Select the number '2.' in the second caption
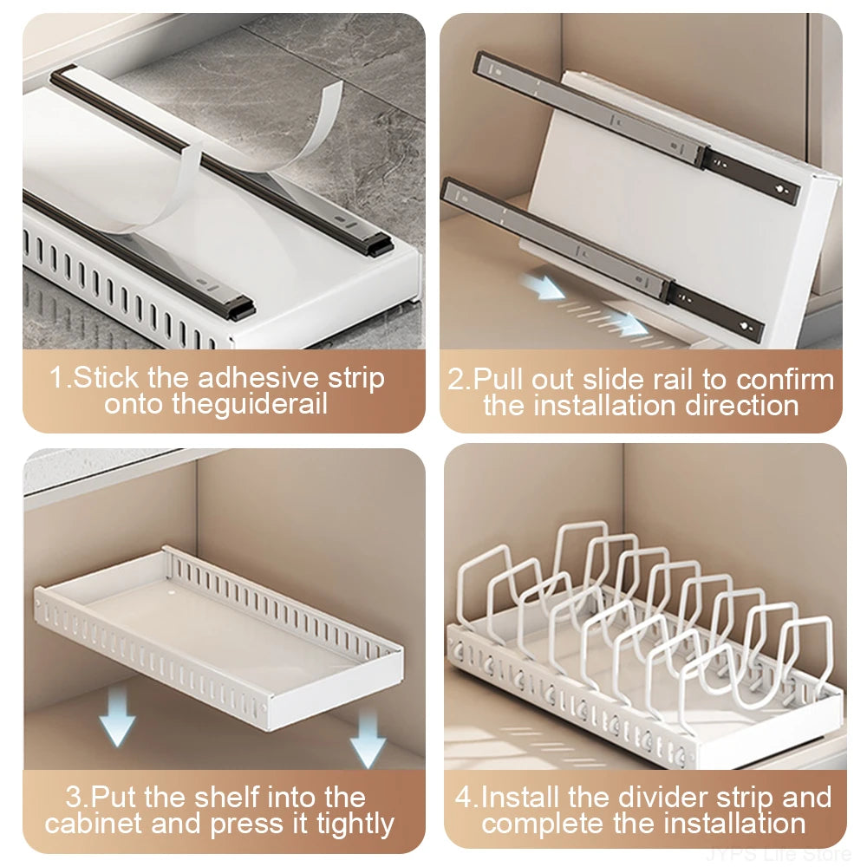[x=459, y=379]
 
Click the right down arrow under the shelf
[x=368, y=738]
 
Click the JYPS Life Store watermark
[x=778, y=854]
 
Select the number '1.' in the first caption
[x=59, y=378]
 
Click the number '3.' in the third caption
[x=77, y=797]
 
